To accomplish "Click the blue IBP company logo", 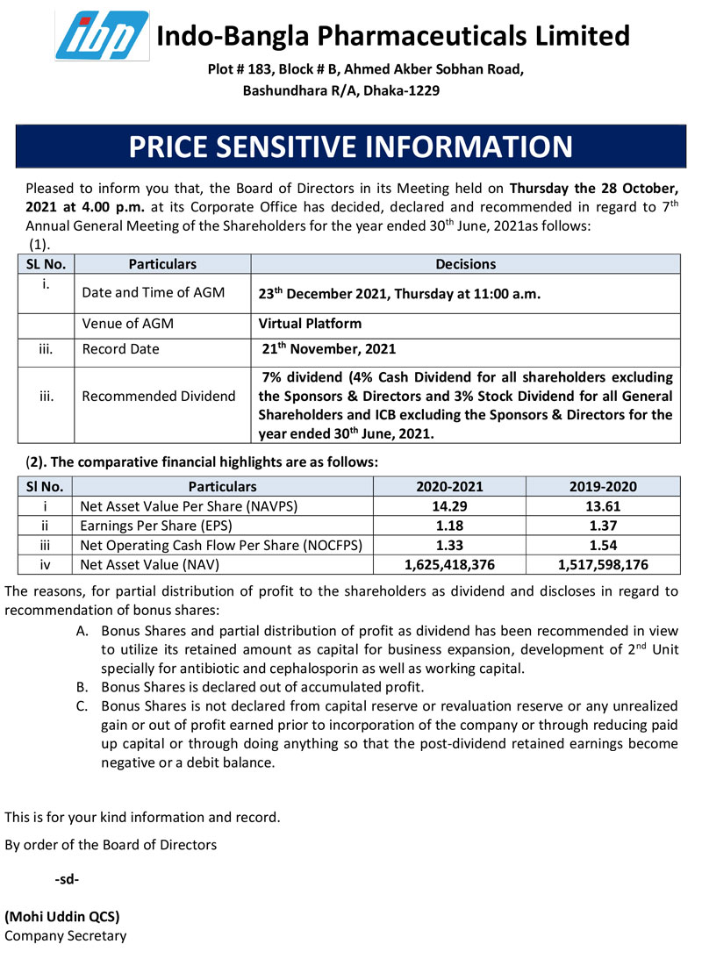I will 101,35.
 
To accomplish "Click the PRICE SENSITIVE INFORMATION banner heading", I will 350,146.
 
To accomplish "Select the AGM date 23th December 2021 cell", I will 399,295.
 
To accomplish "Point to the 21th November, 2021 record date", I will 329,349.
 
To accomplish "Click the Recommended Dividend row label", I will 159,396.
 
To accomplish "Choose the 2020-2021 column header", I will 449,486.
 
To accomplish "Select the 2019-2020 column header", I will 602,486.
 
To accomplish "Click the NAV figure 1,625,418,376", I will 449,564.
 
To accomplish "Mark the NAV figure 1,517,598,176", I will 602,564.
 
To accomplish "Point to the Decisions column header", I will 465,264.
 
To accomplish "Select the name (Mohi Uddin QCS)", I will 62,916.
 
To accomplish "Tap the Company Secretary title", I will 66,935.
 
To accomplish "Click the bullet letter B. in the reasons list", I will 82,687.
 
